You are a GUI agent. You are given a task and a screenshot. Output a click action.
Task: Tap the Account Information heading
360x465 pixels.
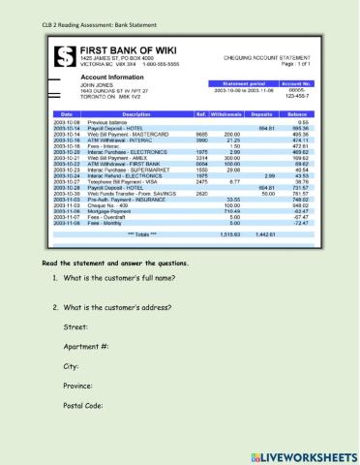[122, 74]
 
